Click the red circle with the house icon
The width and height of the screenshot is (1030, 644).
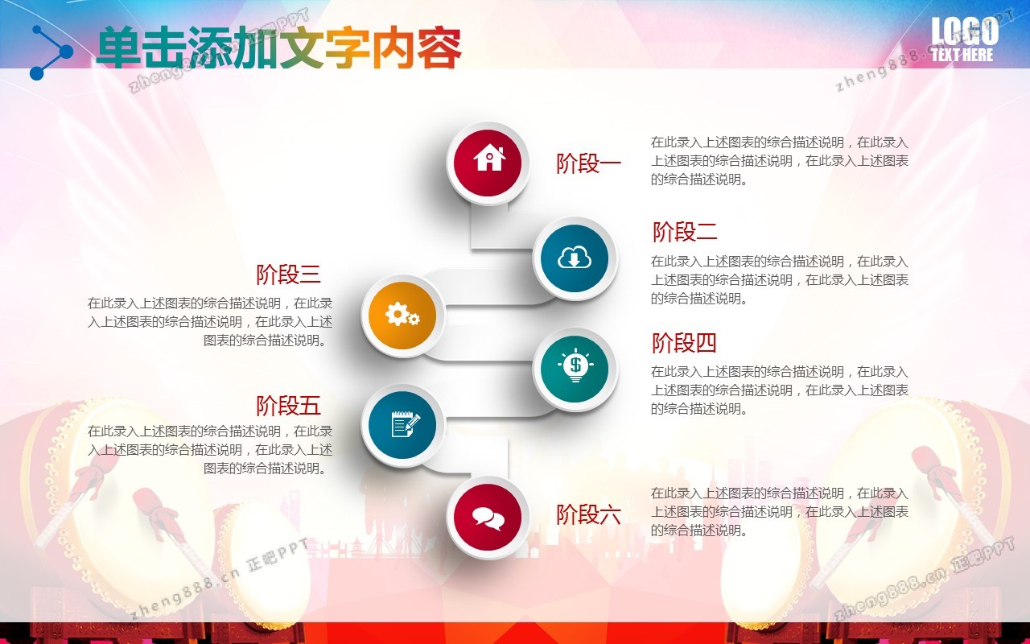tap(488, 163)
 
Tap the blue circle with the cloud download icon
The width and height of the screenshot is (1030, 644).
tap(575, 258)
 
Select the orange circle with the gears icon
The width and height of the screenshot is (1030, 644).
tap(402, 316)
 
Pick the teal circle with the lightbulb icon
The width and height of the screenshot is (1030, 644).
tap(575, 369)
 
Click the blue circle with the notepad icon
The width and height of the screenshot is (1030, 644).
tap(402, 425)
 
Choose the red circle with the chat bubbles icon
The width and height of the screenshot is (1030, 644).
tap(488, 518)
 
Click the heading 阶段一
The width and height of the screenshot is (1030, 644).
tap(588, 163)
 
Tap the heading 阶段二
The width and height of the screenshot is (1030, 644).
tap(685, 231)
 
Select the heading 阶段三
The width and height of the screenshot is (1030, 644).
tap(288, 275)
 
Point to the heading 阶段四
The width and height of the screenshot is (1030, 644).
tap(685, 343)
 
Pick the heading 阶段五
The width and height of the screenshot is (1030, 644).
tap(288, 405)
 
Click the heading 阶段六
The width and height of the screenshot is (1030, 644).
tap(588, 514)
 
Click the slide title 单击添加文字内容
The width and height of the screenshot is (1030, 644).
tap(278, 47)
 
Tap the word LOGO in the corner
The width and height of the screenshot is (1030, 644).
tap(965, 31)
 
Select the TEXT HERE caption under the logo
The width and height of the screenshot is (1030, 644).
tap(962, 55)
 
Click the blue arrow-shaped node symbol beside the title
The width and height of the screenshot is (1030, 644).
tap(51, 52)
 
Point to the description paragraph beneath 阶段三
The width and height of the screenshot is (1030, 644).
tap(210, 321)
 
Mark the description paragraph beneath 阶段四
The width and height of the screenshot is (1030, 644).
tap(780, 390)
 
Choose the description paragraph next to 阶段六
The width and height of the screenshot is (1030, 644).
tap(780, 512)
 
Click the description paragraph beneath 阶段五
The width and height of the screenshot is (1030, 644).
tap(210, 450)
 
